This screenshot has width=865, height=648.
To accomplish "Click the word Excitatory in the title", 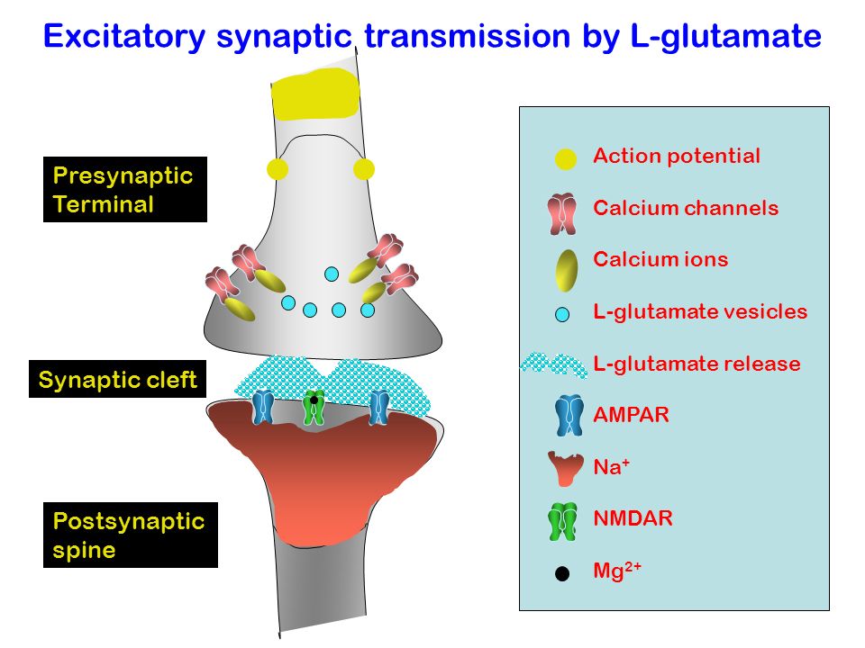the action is tap(124, 36).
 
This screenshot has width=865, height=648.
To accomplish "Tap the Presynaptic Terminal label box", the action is tap(125, 190).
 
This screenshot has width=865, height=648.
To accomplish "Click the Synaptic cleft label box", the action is tap(117, 379).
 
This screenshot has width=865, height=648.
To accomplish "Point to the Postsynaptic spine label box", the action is tap(131, 535).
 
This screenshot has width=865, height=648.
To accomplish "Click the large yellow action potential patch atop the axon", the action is tap(315, 94).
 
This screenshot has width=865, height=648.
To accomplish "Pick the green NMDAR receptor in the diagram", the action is tap(314, 408).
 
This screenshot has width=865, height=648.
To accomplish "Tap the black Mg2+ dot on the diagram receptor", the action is tap(314, 400).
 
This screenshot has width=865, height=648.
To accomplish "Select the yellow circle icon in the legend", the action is tap(566, 158).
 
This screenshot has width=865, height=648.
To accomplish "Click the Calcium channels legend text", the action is tap(686, 208).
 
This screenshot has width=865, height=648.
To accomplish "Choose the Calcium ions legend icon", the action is tap(567, 270).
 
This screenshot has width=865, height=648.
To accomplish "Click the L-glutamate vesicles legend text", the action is tap(700, 312).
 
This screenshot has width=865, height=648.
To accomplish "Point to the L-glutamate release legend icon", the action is tap(554, 364).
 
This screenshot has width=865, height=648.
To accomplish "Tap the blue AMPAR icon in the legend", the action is tap(569, 415).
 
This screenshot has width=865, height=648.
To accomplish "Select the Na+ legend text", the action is tap(611, 467).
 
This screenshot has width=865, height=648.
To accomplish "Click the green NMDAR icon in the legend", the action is tap(562, 521).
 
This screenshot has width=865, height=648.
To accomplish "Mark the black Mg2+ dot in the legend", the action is tap(562, 573).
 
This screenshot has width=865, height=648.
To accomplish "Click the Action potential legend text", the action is tap(677, 156).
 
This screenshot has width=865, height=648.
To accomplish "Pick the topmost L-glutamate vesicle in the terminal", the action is tap(332, 274).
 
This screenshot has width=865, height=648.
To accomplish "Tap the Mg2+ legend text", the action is tap(616, 571).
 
